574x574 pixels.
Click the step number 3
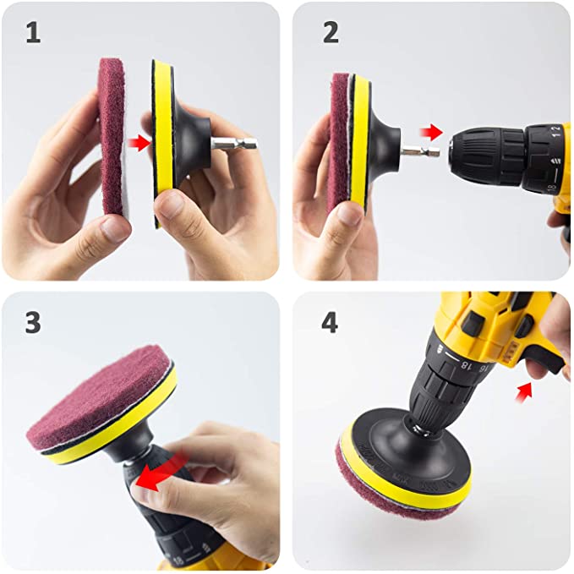[32, 322]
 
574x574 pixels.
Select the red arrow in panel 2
[431, 132]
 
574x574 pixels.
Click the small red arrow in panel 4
[526, 390]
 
